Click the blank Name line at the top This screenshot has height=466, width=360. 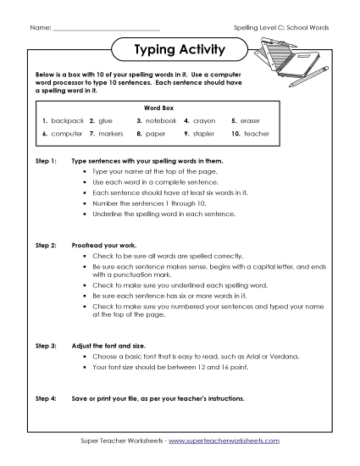105,28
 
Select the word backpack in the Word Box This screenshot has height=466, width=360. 68,121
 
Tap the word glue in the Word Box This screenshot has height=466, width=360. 106,121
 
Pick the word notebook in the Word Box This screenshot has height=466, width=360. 161,121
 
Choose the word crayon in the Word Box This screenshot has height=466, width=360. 207,121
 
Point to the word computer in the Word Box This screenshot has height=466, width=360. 67,134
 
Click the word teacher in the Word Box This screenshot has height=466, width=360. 256,134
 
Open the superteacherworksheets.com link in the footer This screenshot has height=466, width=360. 228,441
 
